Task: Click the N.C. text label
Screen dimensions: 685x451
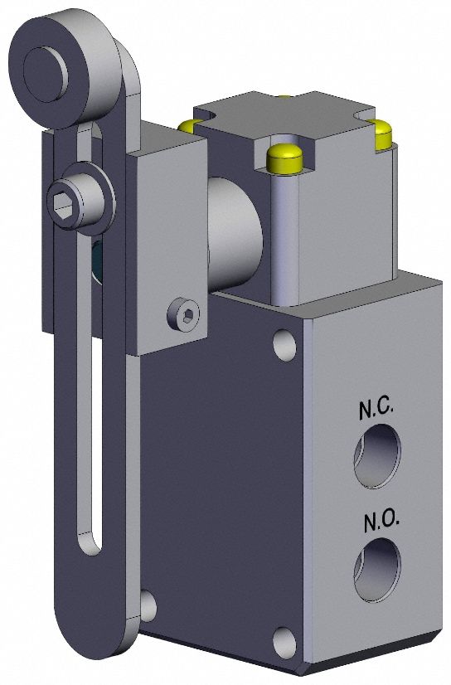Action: pos(381,409)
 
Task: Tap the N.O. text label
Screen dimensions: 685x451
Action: pos(381,522)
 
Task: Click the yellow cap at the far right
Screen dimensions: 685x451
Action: pos(382,134)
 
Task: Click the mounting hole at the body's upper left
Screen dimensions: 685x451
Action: pos(284,343)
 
